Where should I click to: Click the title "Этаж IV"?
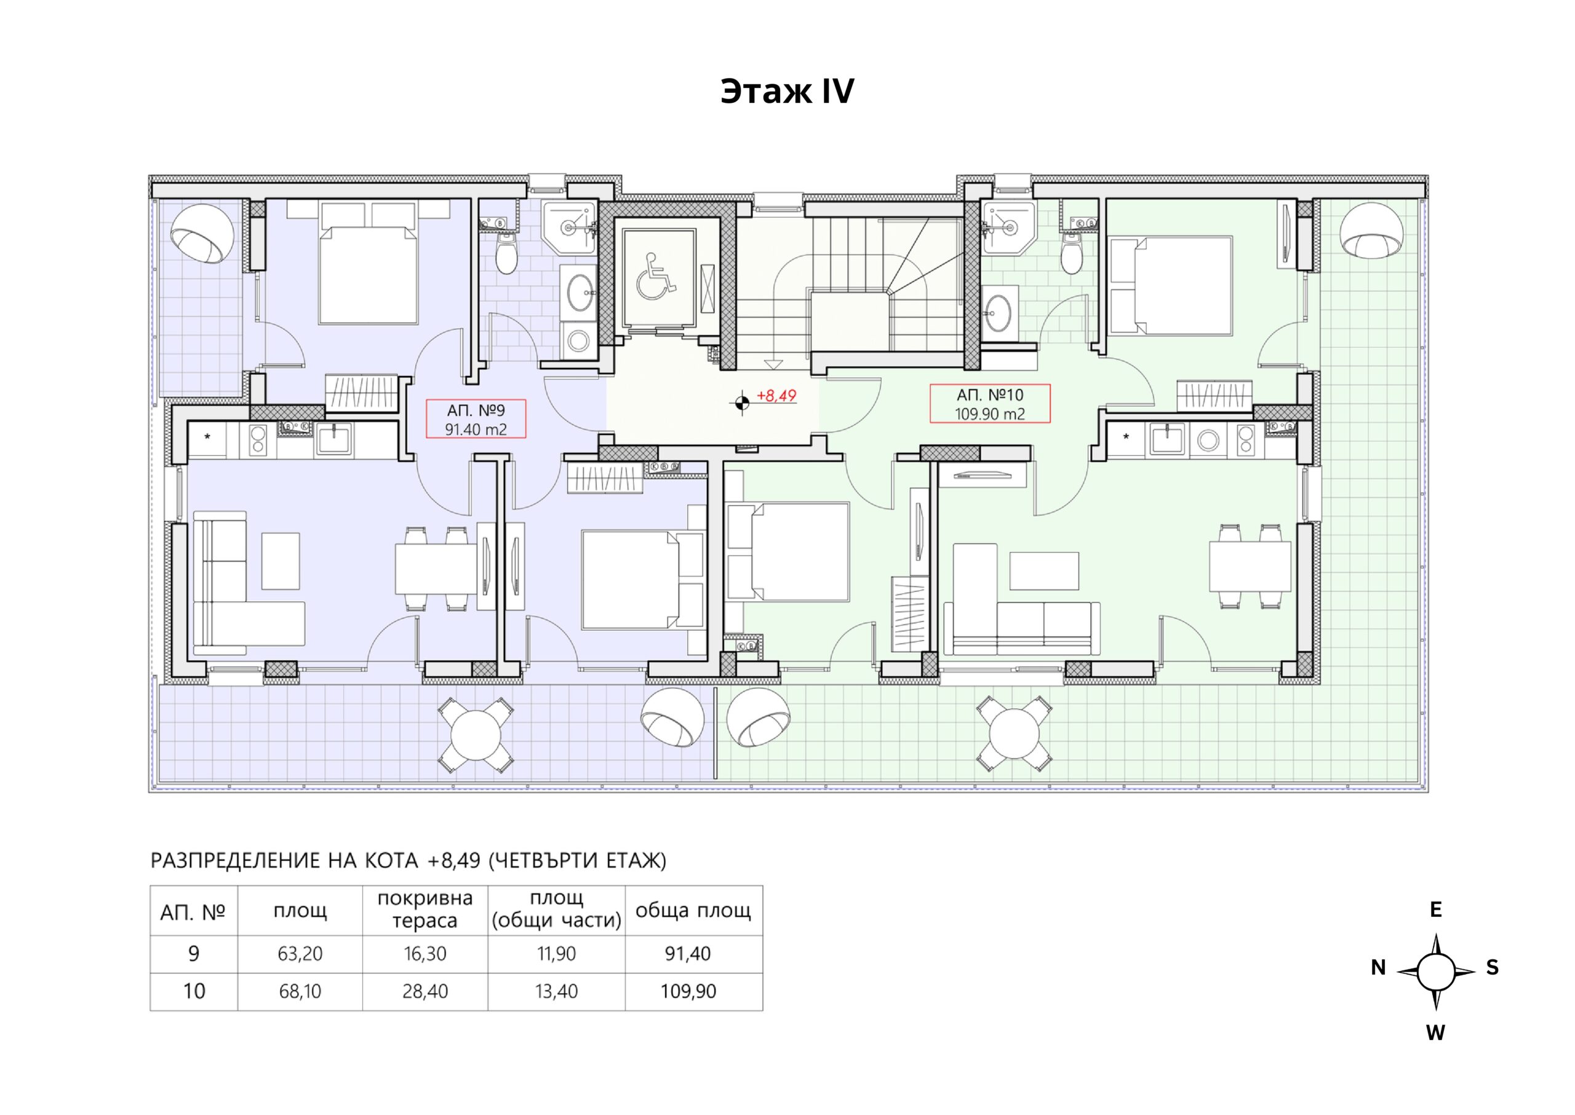pyautogui.click(x=787, y=91)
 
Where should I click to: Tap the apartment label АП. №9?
pyautogui.click(x=476, y=410)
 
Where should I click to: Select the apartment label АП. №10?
pyautogui.click(x=990, y=395)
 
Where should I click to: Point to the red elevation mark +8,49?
pyautogui.click(x=776, y=396)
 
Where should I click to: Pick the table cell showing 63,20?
pyautogui.click(x=300, y=954)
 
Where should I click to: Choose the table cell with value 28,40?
pyautogui.click(x=425, y=991)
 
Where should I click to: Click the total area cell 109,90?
pyautogui.click(x=688, y=991)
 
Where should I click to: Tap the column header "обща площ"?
pyautogui.click(x=693, y=911)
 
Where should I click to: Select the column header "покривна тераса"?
pyautogui.click(x=425, y=909)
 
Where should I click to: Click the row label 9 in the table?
pyautogui.click(x=194, y=954)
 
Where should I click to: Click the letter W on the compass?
pyautogui.click(x=1436, y=1033)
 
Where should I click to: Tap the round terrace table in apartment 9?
pyautogui.click(x=477, y=734)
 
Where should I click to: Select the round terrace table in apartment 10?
pyautogui.click(x=1015, y=734)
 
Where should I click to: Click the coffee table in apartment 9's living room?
pyautogui.click(x=281, y=561)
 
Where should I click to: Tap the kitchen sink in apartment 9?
pyautogui.click(x=334, y=439)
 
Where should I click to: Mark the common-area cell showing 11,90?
pyautogui.click(x=556, y=954)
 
